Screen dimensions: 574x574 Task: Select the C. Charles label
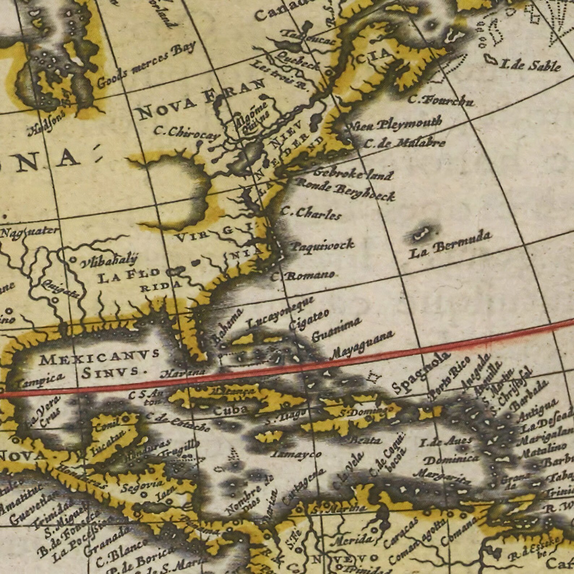click(x=311, y=213)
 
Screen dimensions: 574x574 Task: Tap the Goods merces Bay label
click(x=146, y=65)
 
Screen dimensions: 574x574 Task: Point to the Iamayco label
click(x=296, y=453)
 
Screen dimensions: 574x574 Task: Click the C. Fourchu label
click(x=441, y=100)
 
